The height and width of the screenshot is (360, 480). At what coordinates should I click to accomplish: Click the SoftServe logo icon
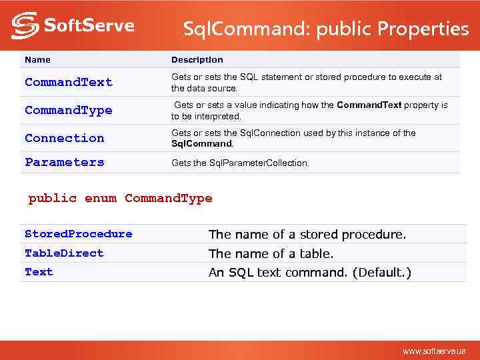[x=25, y=25]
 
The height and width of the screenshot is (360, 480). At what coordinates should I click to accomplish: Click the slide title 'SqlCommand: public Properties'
[x=326, y=29]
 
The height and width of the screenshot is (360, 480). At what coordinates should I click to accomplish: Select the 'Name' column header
[x=37, y=60]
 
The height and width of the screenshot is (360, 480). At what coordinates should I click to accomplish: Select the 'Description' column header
[x=197, y=60]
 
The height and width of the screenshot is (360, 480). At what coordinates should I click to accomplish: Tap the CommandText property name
[x=69, y=82]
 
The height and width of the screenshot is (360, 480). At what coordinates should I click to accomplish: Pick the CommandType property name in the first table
[x=69, y=110]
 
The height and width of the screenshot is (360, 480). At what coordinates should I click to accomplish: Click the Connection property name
[x=65, y=138]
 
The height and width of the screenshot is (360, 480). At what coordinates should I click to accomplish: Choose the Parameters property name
[x=65, y=162]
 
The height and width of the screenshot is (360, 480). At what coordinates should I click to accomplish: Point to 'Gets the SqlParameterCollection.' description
[x=240, y=163]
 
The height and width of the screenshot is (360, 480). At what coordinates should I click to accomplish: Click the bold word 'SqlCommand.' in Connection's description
[x=203, y=143]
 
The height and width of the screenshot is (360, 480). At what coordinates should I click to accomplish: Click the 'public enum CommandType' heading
[x=120, y=198]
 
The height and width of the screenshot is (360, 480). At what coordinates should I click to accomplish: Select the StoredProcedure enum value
[x=79, y=234]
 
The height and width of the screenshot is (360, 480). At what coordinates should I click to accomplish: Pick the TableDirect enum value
[x=64, y=253]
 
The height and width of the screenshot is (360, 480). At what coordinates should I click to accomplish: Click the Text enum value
[x=39, y=272]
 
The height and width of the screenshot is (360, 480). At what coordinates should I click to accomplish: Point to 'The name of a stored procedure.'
[x=307, y=235]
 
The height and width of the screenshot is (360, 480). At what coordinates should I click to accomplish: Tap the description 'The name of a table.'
[x=271, y=254]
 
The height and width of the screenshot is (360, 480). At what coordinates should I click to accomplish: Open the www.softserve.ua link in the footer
[x=434, y=351]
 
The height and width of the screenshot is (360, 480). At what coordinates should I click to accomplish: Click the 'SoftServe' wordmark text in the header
[x=89, y=26]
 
